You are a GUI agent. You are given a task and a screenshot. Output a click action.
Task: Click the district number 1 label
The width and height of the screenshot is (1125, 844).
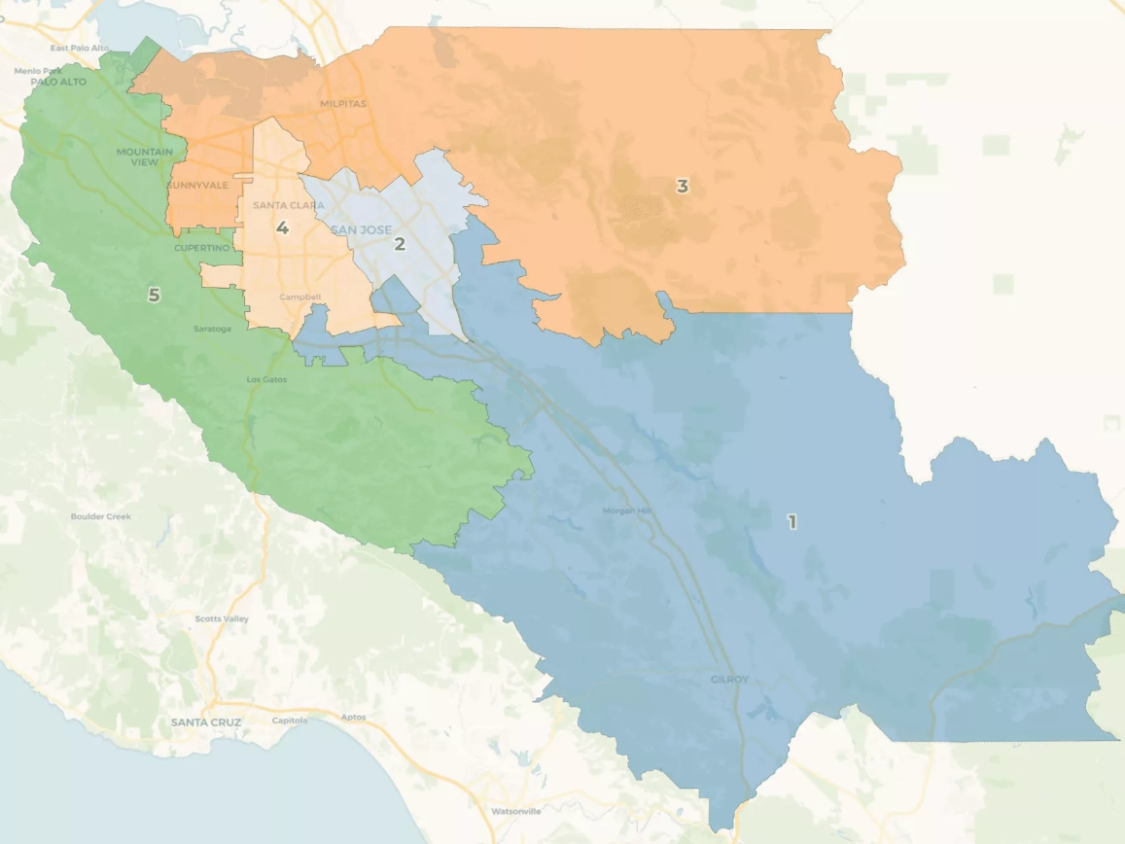pyautogui.click(x=791, y=522)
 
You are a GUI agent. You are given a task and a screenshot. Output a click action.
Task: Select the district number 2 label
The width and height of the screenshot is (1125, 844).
pyautogui.click(x=399, y=244)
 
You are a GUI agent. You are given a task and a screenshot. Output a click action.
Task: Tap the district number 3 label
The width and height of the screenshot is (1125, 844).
pyautogui.click(x=683, y=186)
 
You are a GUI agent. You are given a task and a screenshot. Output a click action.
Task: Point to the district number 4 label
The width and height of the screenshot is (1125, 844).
pyautogui.click(x=282, y=229)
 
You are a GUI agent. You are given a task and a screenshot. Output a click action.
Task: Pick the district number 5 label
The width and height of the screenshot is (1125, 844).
pyautogui.click(x=154, y=294)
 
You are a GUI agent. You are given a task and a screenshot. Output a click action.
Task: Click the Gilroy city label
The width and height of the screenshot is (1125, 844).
pyautogui.click(x=729, y=680)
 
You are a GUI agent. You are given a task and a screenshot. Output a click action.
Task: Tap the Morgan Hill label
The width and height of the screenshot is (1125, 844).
pyautogui.click(x=632, y=510)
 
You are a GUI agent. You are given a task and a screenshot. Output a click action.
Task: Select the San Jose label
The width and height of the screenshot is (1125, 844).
pyautogui.click(x=362, y=230)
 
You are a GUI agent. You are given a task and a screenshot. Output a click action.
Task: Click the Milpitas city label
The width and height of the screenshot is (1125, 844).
pyautogui.click(x=343, y=104)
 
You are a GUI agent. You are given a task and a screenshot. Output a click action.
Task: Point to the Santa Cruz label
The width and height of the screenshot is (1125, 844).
pyautogui.click(x=206, y=722)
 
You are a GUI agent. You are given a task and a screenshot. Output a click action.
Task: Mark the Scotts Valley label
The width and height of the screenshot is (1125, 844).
pyautogui.click(x=222, y=618)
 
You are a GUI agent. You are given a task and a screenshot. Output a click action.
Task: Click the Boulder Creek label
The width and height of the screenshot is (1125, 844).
pyautogui.click(x=101, y=516)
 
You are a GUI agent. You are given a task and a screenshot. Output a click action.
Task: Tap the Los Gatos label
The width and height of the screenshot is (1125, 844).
pyautogui.click(x=267, y=379)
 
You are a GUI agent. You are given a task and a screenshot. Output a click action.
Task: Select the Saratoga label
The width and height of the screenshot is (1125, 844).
pyautogui.click(x=213, y=329)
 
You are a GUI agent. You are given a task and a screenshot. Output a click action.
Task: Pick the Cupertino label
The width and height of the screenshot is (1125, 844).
pyautogui.click(x=201, y=248)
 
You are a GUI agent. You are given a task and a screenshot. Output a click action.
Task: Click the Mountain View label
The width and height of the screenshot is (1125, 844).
pyautogui.click(x=145, y=157)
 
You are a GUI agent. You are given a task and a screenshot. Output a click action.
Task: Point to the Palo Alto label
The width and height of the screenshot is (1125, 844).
pyautogui.click(x=58, y=82)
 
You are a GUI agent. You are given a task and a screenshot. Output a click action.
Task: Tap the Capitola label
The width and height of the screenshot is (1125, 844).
pyautogui.click(x=290, y=721)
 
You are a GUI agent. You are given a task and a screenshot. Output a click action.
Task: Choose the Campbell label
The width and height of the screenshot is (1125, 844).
pyautogui.click(x=299, y=297)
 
